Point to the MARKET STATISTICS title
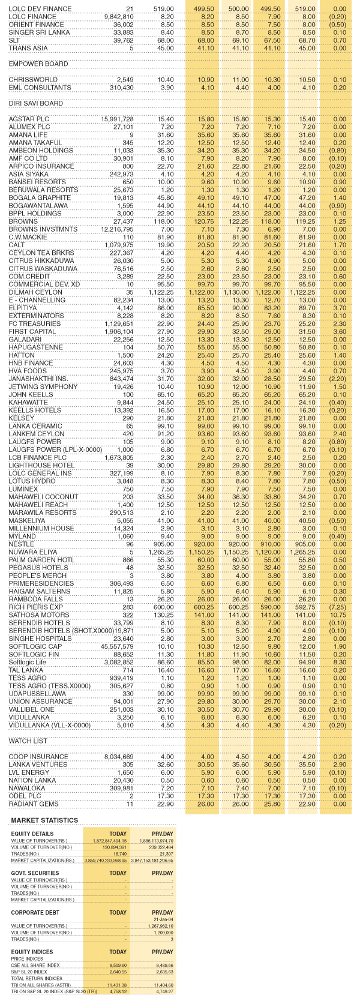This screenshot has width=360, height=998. [x=44, y=820]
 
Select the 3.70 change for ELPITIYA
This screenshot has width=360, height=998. [x=340, y=308]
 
